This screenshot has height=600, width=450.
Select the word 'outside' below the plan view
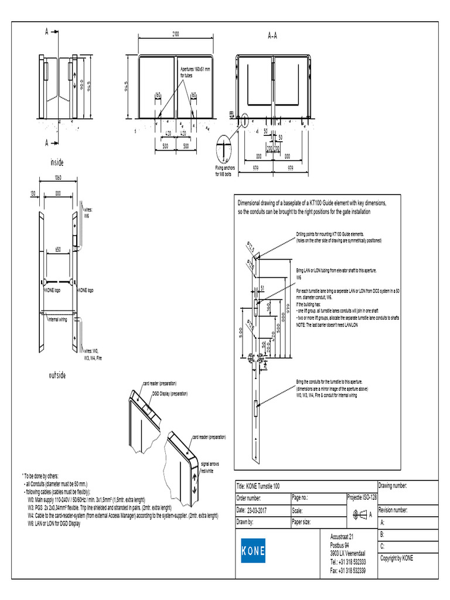click(x=57, y=375)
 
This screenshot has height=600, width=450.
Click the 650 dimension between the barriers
click(x=57, y=249)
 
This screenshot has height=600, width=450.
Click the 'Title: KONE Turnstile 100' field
click(x=258, y=486)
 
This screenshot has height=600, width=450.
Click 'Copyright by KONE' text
click(x=397, y=558)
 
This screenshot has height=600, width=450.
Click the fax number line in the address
click(x=348, y=571)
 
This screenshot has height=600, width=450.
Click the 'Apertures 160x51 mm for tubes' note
click(x=198, y=72)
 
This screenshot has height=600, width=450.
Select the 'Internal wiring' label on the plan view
click(x=57, y=320)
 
